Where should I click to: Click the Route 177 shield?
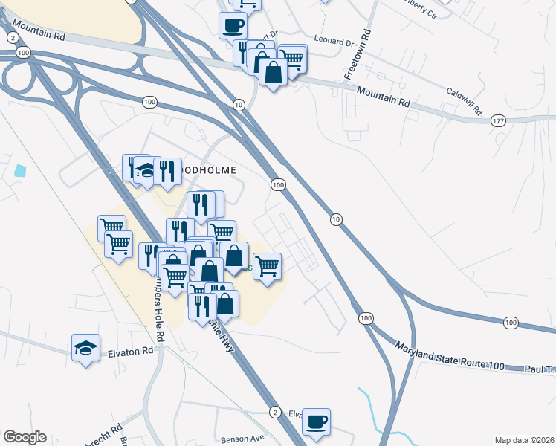coord(498,120)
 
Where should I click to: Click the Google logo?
coord(25,437)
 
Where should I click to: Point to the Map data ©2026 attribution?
coord(525,439)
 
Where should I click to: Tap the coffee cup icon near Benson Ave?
coord(317,422)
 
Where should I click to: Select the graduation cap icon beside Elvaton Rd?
coord(86,347)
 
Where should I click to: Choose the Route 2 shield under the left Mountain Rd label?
coord(12,37)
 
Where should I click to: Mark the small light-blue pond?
coord(19,170)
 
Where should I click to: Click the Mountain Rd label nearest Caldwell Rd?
coord(384,95)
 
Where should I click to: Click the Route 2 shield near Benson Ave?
coord(275,412)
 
